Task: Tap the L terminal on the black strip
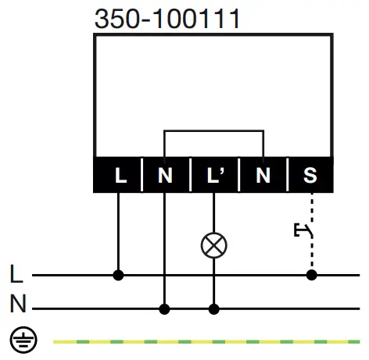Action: pos(120,175)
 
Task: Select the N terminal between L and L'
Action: pos(164,175)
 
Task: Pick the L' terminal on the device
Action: pos(214,175)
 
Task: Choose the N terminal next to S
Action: pos(263,175)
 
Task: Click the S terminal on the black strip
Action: pos(310,175)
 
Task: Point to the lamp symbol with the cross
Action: pos(213,245)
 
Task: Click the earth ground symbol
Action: pos(20,340)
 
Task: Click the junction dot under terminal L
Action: pos(119,275)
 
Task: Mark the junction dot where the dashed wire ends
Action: pos(311,275)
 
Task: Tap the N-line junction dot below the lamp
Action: pos(213,308)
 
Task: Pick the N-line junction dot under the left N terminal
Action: pos(164,308)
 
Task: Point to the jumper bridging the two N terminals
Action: pos(213,131)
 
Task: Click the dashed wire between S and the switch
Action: pos(311,207)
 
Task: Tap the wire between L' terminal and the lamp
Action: pos(213,212)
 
